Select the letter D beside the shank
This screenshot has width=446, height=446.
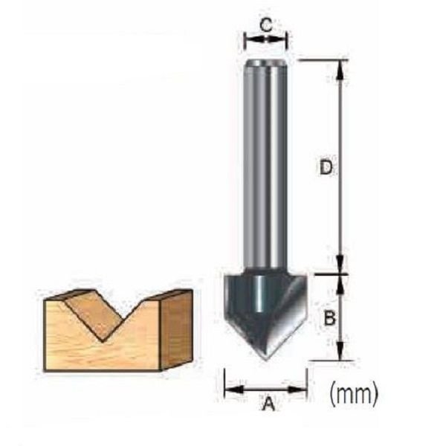(x=324, y=168)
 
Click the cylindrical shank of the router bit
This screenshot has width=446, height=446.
(x=266, y=164)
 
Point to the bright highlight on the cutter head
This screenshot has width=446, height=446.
(x=259, y=297)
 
